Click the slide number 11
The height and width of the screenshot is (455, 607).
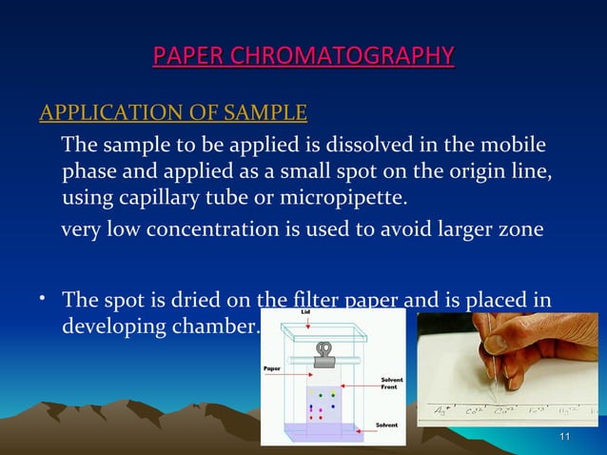565,437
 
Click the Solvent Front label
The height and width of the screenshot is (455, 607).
392,383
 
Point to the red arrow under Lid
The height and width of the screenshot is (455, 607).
307,325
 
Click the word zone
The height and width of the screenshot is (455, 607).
520,230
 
